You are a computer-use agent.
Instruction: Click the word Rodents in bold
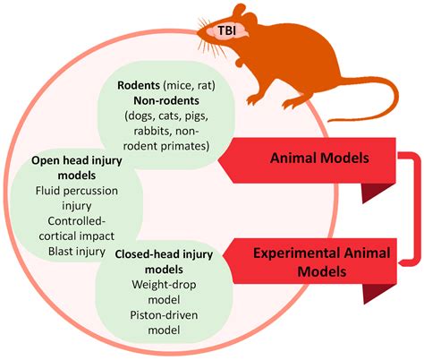(140, 86)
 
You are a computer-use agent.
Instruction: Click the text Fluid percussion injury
(72, 198)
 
